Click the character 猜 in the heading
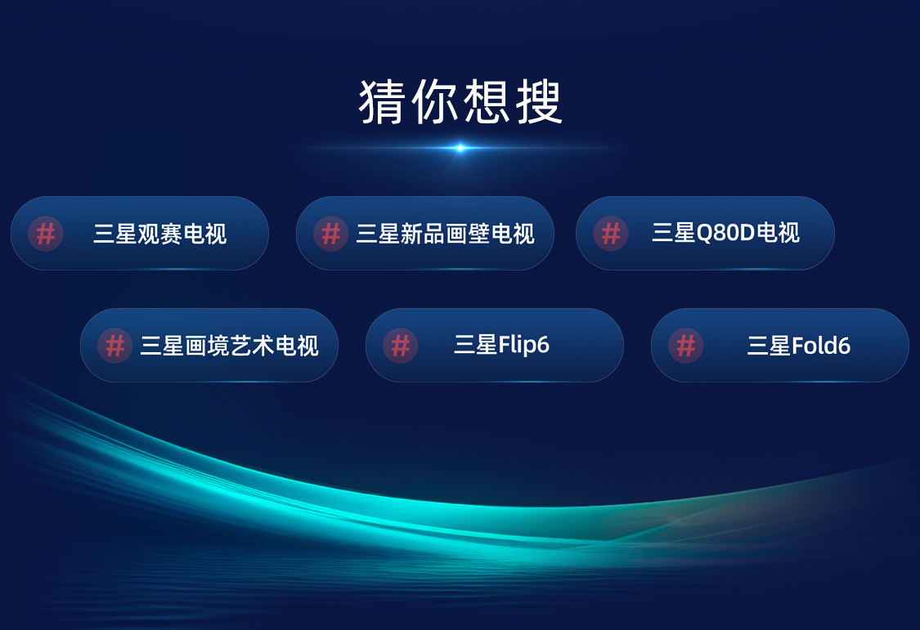[x=382, y=102]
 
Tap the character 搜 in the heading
[x=539, y=102]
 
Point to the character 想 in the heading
[x=487, y=102]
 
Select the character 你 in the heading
[x=435, y=102]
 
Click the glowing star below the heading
[x=460, y=148]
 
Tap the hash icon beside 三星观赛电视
[x=46, y=234]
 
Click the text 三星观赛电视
[x=159, y=234]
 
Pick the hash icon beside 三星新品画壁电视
[x=331, y=234]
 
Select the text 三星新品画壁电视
[x=446, y=234]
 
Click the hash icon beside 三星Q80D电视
[x=611, y=234]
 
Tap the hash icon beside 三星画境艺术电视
[x=115, y=346]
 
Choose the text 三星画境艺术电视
[x=230, y=346]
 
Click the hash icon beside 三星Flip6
[x=400, y=346]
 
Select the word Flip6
[x=523, y=345]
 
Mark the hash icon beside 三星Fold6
[x=686, y=346]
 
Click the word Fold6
[x=821, y=346]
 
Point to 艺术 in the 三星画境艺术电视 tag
[x=252, y=346]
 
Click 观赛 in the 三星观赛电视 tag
[x=159, y=234]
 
